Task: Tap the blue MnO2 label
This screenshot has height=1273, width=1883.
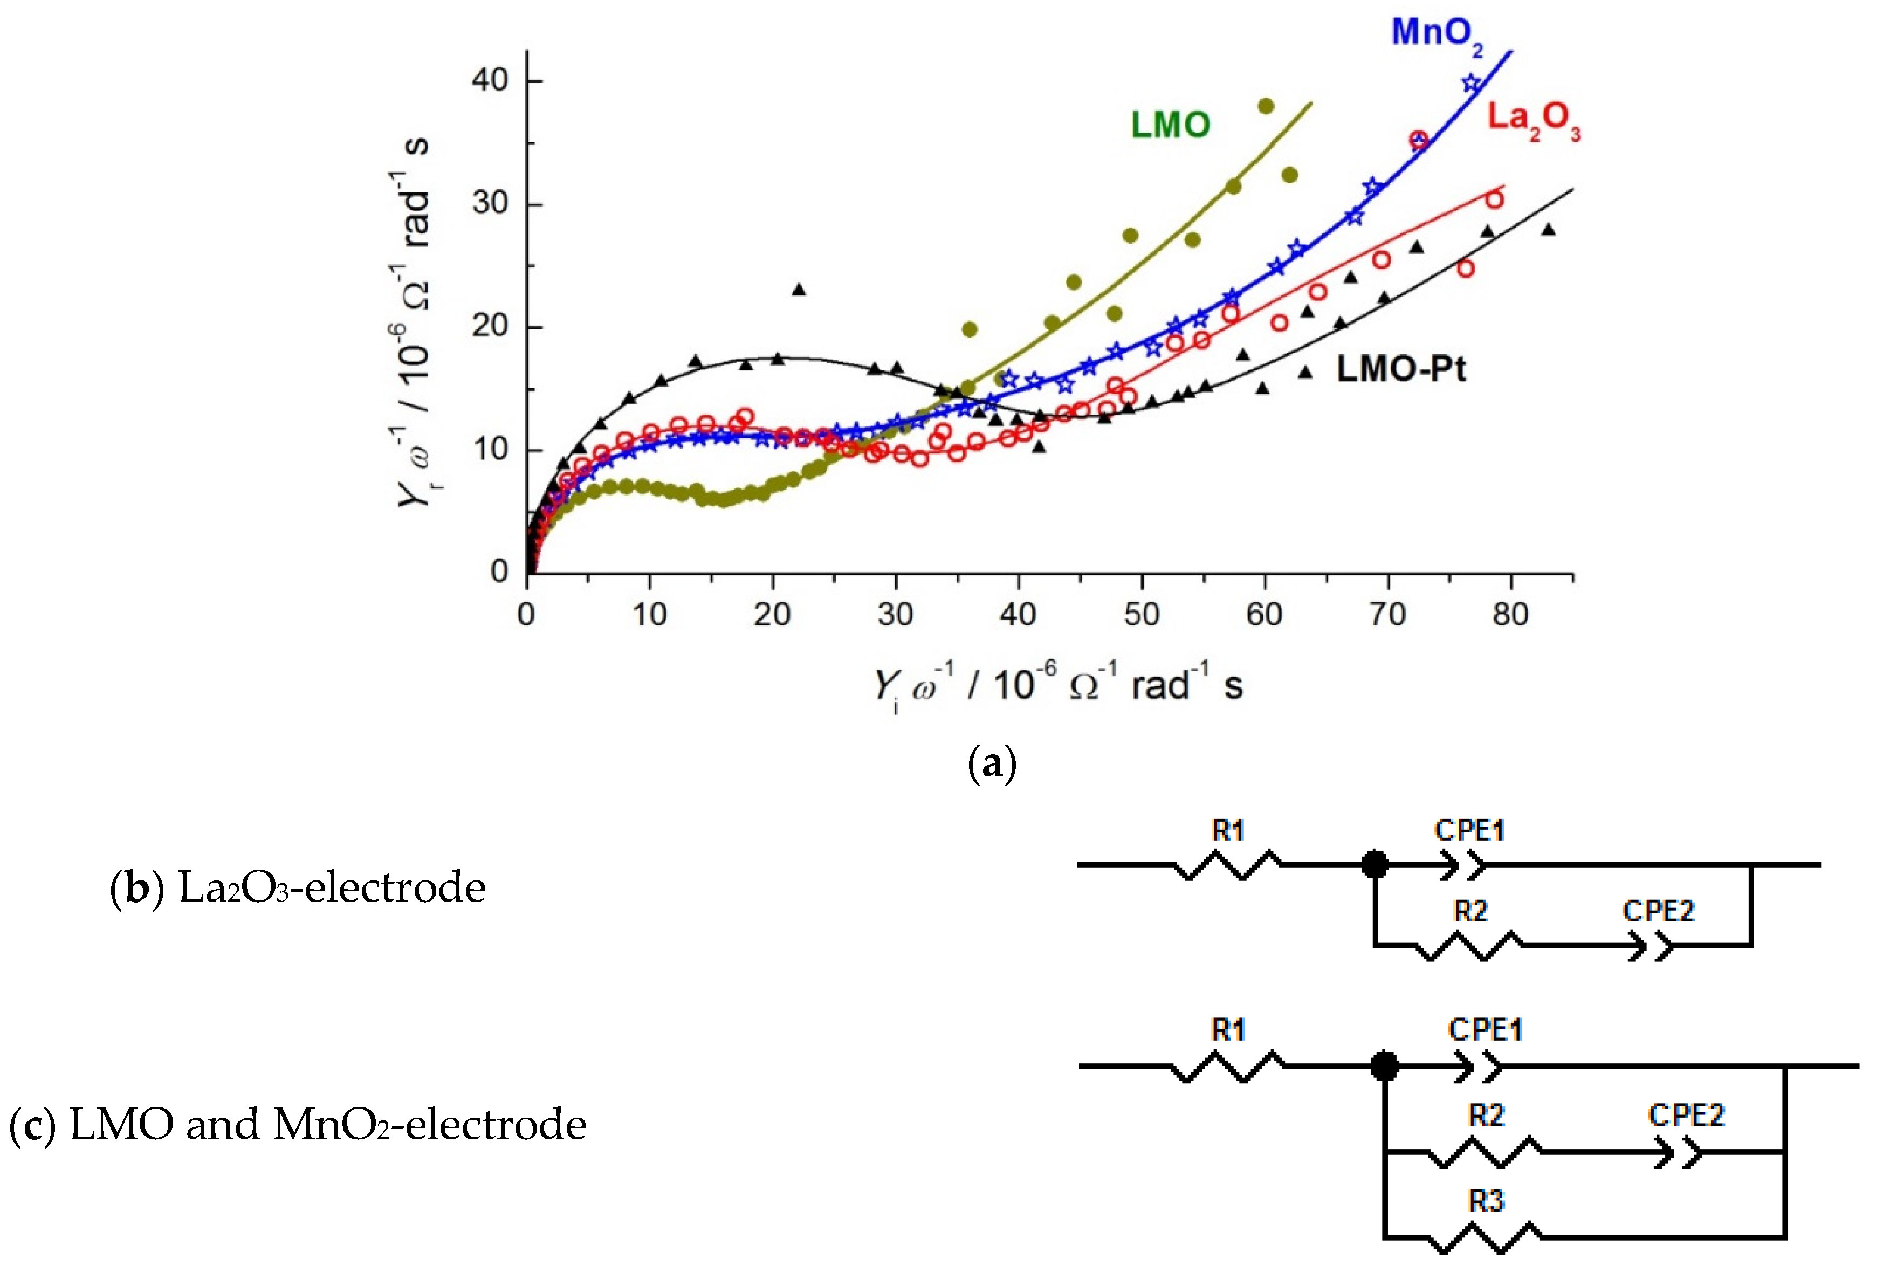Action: (1436, 34)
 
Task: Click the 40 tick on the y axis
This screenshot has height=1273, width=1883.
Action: (490, 81)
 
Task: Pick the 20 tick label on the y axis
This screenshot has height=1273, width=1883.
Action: (490, 327)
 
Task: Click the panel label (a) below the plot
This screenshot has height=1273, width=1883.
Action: (992, 763)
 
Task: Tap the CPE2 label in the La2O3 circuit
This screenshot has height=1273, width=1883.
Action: (1658, 911)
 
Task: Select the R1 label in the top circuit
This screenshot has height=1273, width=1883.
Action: (1227, 830)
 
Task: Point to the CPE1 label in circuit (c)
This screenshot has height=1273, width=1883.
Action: (1485, 1030)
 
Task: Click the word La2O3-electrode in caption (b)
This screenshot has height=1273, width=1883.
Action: (332, 888)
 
